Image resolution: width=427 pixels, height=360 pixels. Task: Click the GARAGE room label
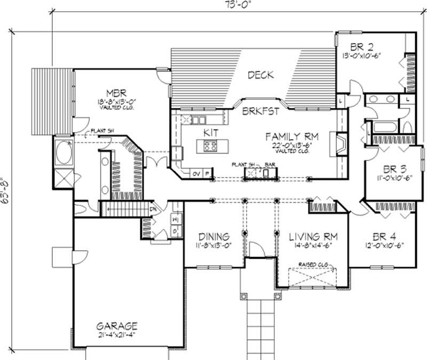(116, 325)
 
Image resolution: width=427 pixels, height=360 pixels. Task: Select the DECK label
(260, 75)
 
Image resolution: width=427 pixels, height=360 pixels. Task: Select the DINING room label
(213, 236)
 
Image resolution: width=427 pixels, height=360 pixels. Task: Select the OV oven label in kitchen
(196, 173)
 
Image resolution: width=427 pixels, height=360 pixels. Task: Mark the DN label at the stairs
(153, 209)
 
